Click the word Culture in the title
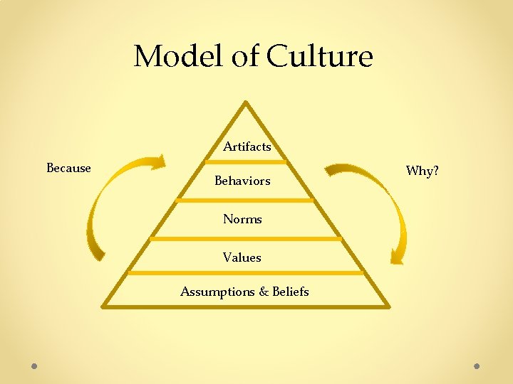(320, 55)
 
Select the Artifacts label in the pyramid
(247, 147)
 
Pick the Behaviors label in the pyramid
(242, 181)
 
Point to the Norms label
(242, 219)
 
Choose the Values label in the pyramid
(242, 257)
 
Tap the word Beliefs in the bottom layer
(289, 292)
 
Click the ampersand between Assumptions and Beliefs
(261, 292)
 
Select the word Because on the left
(68, 169)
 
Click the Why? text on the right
(422, 171)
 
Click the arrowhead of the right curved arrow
(398, 256)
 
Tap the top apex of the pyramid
(245, 102)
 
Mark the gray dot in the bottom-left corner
(34, 366)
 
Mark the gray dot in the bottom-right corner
(477, 366)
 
